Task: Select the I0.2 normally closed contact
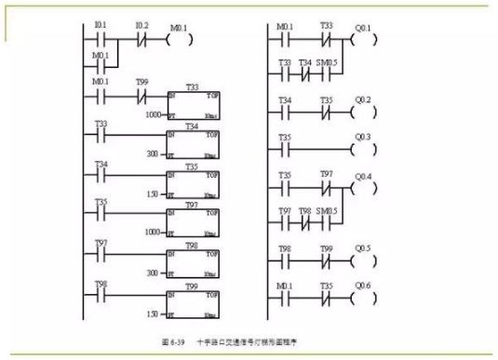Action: click(140, 40)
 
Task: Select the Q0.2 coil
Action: click(360, 107)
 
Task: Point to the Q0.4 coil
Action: click(360, 186)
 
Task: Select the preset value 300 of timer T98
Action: click(155, 265)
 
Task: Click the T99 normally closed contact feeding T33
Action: click(140, 95)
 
